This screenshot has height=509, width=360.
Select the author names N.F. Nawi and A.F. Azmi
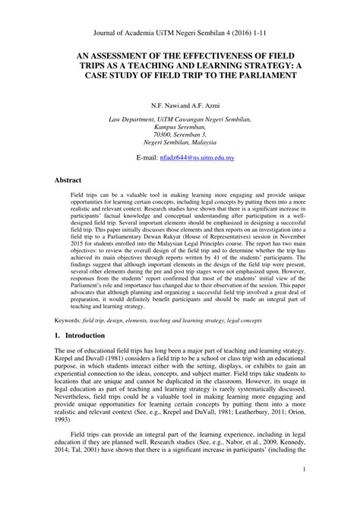(x=180, y=102)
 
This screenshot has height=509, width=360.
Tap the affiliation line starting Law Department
(x=180, y=119)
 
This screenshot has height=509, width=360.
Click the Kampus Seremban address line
(x=180, y=127)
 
